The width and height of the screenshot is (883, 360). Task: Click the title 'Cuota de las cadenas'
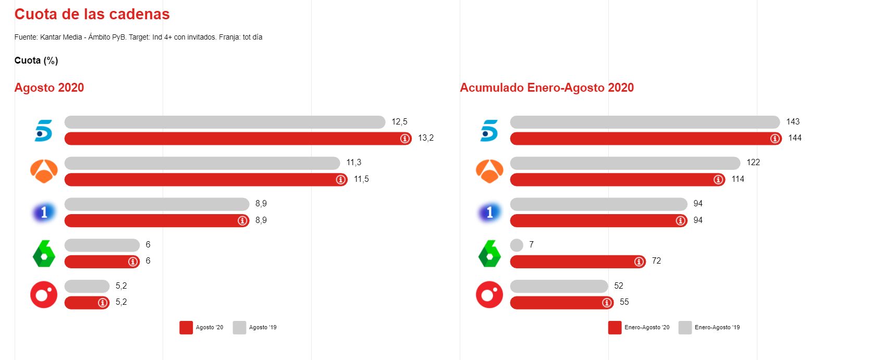(x=92, y=14)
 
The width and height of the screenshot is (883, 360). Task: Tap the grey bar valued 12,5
(x=224, y=122)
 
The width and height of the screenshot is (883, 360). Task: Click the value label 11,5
(x=361, y=179)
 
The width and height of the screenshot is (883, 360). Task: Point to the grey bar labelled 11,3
(x=202, y=163)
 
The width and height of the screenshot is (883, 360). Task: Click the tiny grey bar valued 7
(x=517, y=245)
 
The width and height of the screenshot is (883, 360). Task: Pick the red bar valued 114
(x=610, y=180)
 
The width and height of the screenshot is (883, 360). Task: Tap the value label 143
(x=793, y=122)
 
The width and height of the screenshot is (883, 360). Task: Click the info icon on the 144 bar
(x=775, y=139)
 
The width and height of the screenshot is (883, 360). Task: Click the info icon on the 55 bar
(x=607, y=303)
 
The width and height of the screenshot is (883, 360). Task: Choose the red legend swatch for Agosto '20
(x=186, y=327)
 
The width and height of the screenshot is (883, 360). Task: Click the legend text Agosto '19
(x=263, y=328)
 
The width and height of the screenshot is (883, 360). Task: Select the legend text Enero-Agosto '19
(x=717, y=328)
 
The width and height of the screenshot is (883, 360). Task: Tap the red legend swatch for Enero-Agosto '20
(x=615, y=327)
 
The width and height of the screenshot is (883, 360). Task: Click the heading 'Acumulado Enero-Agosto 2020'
(x=547, y=88)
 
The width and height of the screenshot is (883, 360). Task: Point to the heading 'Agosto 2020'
(x=49, y=88)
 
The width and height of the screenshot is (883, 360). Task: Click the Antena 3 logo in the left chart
(x=44, y=171)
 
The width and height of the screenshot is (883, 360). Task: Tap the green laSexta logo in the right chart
(x=489, y=254)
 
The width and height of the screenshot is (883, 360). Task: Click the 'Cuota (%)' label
(x=36, y=60)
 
